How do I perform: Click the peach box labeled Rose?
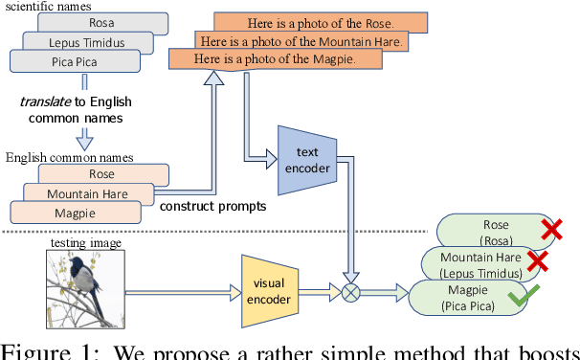click(x=101, y=174)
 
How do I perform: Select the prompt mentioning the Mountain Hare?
click(x=302, y=41)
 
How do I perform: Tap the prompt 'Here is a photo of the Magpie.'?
click(x=276, y=59)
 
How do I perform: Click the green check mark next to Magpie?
click(x=519, y=300)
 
